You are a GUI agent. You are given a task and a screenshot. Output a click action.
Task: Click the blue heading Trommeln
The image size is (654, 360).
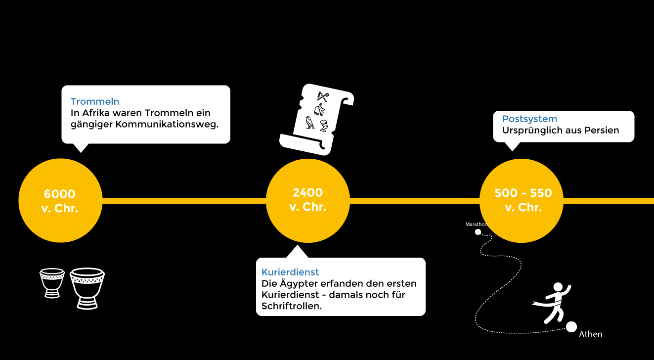pos(95,102)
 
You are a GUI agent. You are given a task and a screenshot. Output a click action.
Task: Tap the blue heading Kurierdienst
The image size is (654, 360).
pos(290,272)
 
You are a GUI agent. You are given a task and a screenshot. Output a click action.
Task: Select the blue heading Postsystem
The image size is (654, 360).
pos(529,119)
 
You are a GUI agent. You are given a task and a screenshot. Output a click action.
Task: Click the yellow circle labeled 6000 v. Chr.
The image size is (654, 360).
pos(60,200)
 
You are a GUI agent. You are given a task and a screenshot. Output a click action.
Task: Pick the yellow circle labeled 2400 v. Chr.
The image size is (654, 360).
pos(307,200)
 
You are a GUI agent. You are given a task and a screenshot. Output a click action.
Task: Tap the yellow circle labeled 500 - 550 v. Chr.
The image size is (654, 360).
pos(522,200)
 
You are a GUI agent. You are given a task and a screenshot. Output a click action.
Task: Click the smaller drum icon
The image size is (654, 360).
pos(52,283)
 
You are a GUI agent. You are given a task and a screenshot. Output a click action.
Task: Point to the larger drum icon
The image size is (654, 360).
pos(87,288)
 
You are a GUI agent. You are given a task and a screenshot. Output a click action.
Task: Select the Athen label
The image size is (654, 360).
pos(591,334)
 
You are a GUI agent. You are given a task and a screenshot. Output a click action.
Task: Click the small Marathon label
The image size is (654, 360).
pos(476,225)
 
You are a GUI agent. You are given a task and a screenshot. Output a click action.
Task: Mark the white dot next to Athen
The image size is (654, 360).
pos(571,327)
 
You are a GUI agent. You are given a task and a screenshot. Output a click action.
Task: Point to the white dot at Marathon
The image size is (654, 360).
pos(478,232)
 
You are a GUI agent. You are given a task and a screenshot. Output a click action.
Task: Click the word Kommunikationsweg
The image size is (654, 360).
pos(167,124)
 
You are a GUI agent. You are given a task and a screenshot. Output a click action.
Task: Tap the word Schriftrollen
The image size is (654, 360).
pos(291,306)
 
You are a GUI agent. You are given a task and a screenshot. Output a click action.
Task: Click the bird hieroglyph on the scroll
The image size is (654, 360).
pos(310,123)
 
